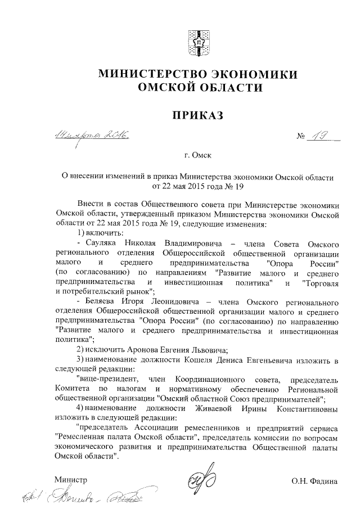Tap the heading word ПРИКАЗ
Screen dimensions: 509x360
(197, 115)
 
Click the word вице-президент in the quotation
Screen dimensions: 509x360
(109, 380)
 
